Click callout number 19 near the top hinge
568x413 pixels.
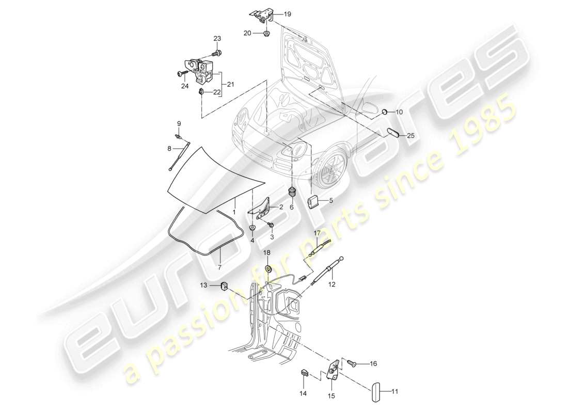tap(287, 14)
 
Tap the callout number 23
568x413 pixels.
tap(217, 39)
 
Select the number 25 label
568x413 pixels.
tap(411, 136)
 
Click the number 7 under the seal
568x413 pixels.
tap(219, 267)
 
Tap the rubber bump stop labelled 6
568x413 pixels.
tap(292, 193)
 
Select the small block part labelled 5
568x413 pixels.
tap(313, 201)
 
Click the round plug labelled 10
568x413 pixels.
tap(385, 112)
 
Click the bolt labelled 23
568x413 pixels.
tap(217, 52)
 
